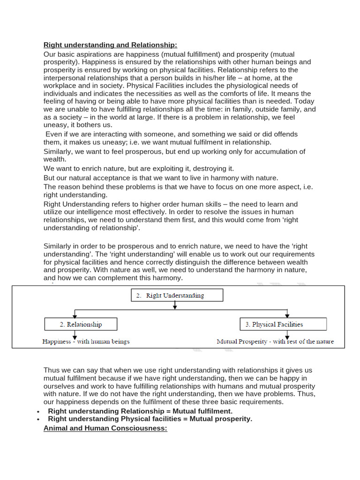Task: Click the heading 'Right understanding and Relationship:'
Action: click(110, 45)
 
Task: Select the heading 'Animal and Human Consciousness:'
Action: click(105, 428)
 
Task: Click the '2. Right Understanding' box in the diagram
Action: click(177, 295)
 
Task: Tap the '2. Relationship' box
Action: click(81, 324)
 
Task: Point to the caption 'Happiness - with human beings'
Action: click(86, 341)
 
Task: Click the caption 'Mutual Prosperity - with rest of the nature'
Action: click(275, 341)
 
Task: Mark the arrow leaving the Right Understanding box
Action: click(175, 305)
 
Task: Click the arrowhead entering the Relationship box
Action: click(74, 315)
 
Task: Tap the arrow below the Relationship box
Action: click(74, 334)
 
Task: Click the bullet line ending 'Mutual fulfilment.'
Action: click(140, 411)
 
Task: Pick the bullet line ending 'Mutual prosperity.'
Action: click(150, 419)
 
